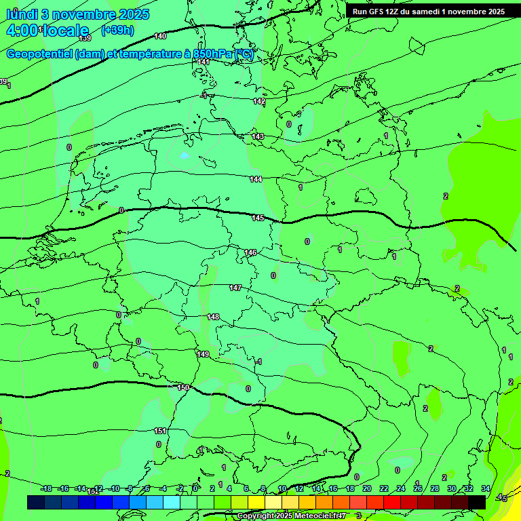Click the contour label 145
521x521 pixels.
[x=258, y=218]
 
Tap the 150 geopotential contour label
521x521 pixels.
[x=183, y=387]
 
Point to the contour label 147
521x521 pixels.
[x=235, y=288]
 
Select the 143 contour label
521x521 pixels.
[x=258, y=136]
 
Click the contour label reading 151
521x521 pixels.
[x=160, y=431]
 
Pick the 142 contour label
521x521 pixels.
[x=259, y=101]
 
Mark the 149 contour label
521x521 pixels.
[x=203, y=354]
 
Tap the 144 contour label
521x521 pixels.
[x=255, y=179]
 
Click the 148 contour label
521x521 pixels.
[x=213, y=317]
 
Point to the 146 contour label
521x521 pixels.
[x=251, y=252]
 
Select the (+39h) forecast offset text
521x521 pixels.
[x=117, y=31]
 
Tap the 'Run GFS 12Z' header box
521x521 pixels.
[x=428, y=12]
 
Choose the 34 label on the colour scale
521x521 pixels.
[x=486, y=488]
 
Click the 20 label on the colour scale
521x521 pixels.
[x=367, y=488]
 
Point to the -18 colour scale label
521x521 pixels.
[x=46, y=488]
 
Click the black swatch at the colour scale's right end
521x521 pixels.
[x=477, y=502]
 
